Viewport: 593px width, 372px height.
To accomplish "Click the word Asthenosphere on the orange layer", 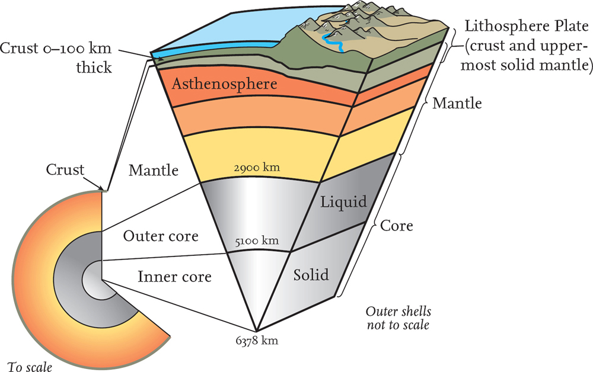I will point(224,84).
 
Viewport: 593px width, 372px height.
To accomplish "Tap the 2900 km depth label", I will point(257,168).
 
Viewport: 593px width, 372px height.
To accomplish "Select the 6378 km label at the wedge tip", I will point(256,341).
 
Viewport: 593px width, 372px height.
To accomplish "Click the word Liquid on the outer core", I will point(345,201).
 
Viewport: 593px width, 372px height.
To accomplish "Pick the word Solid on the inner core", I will point(311,276).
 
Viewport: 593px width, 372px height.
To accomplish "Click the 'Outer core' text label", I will point(160,236).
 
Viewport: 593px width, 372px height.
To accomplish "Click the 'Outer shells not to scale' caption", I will point(398,319).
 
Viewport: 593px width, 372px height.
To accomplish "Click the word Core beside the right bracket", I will point(397,226).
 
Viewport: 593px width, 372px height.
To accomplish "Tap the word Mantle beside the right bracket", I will point(457,104).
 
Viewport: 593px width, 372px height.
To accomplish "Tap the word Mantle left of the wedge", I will point(154,171).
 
